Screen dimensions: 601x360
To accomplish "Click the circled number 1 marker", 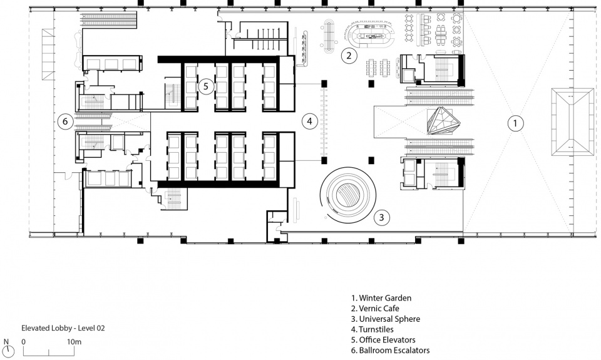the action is [x=515, y=123].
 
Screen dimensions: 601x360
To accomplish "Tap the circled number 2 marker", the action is [x=349, y=56].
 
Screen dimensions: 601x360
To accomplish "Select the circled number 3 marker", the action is [x=381, y=217].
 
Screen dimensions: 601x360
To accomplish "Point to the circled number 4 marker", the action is [x=309, y=121].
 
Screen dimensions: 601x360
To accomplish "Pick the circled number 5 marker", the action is [x=206, y=86].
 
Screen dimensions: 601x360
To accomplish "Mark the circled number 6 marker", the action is [x=65, y=121].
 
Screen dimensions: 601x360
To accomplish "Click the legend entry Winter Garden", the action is [x=381, y=298].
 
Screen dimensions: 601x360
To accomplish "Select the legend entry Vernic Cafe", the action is [x=375, y=308].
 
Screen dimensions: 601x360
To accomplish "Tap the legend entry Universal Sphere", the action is [x=386, y=319].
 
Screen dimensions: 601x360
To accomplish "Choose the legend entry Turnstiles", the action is [x=372, y=329].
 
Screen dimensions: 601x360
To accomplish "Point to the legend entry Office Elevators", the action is [x=383, y=340].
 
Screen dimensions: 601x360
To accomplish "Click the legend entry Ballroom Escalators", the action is [x=390, y=350].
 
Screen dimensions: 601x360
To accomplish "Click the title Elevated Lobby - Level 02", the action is [x=63, y=328].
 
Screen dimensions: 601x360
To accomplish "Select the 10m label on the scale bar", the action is [x=74, y=342].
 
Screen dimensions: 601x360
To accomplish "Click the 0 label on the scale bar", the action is [x=24, y=342].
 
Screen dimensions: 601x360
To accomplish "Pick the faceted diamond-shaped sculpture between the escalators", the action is [x=444, y=121].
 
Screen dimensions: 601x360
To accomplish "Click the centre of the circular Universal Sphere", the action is [x=347, y=194].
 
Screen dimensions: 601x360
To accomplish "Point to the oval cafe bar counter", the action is [x=369, y=34].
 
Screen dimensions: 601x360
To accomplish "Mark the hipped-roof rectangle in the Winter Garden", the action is [x=573, y=121].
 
